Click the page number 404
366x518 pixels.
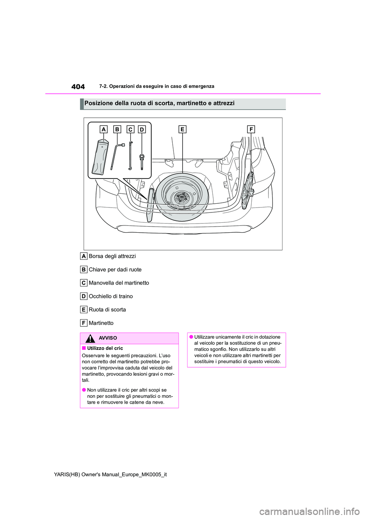point(78,87)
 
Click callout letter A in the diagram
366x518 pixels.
point(103,129)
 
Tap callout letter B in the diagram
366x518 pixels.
point(117,129)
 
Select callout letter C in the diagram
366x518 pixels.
point(130,129)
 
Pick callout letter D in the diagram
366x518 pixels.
point(142,129)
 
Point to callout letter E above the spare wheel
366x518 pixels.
point(182,129)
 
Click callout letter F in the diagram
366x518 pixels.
point(251,129)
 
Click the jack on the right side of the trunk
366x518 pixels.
point(248,187)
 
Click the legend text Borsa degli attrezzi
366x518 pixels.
point(112,256)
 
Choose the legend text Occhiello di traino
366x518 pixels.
point(111,296)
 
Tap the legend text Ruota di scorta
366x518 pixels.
point(107,309)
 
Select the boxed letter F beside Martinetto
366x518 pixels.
point(83,323)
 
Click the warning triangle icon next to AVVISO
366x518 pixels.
point(90,338)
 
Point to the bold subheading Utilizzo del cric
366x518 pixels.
point(105,348)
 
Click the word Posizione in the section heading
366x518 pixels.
point(98,103)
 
